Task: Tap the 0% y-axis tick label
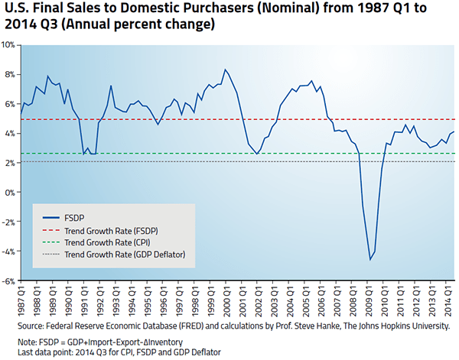11,193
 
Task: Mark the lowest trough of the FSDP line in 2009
370,260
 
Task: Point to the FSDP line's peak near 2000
225,70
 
